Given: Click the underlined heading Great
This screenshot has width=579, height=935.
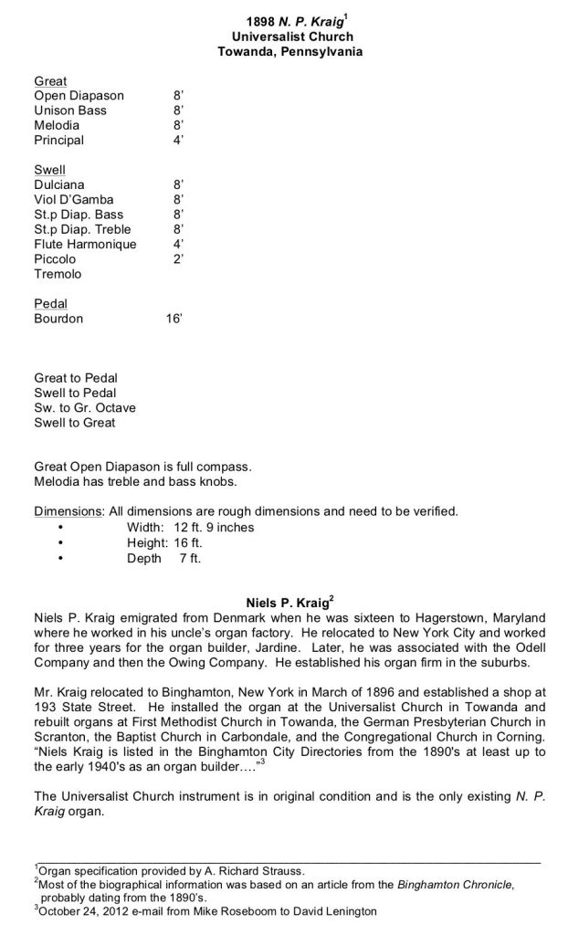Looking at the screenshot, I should click(x=50, y=81).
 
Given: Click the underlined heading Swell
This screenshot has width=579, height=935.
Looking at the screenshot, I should click(x=49, y=170).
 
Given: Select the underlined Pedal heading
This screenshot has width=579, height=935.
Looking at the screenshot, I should click(x=50, y=303).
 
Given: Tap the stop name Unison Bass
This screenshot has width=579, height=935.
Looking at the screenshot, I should click(x=70, y=110).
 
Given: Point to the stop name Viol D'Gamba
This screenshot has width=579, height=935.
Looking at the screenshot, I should click(x=74, y=200).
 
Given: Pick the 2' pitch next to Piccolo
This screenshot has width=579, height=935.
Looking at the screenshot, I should click(x=178, y=259).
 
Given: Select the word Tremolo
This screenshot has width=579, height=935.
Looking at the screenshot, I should click(x=58, y=274).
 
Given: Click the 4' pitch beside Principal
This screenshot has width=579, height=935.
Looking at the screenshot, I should click(x=178, y=141).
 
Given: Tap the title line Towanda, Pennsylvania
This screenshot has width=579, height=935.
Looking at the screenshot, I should click(x=289, y=52).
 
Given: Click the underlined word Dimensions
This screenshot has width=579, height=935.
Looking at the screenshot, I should click(x=69, y=511).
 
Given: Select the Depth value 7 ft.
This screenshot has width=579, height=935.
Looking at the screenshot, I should click(x=189, y=558).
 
